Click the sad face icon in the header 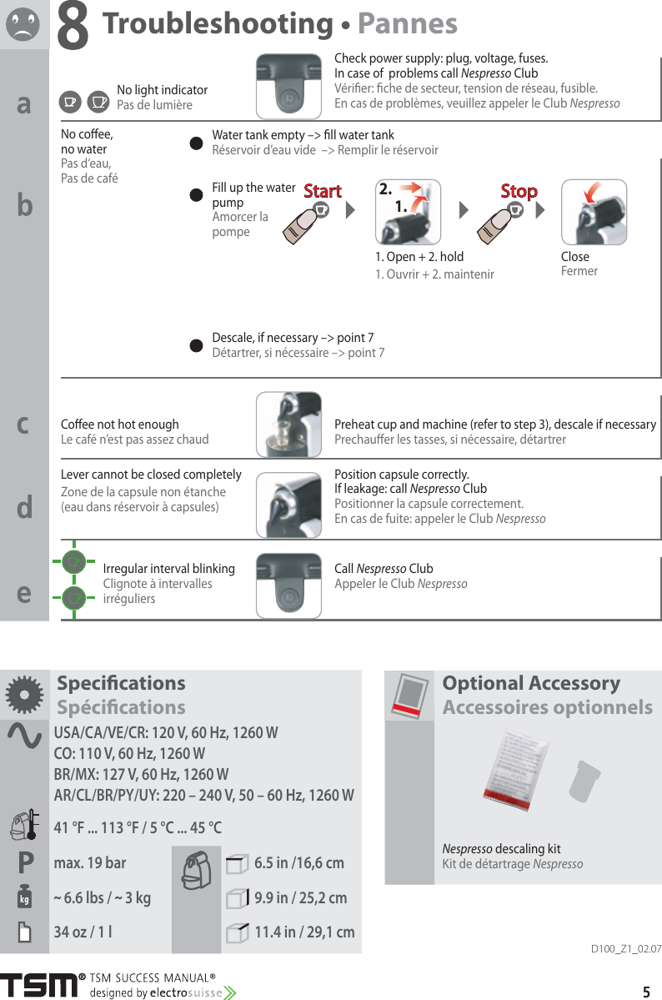23,23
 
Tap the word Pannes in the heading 407,24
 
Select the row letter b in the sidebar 25,205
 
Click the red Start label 322,191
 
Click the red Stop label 519,191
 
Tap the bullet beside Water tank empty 197,143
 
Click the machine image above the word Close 594,212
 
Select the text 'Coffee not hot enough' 120,425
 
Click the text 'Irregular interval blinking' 168,569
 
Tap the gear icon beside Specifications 24,694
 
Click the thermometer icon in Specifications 23,826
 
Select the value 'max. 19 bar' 90,862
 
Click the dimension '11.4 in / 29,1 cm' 303,932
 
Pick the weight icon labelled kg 24,897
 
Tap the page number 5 646,992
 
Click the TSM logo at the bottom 39,985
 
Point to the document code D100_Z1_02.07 625,949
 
